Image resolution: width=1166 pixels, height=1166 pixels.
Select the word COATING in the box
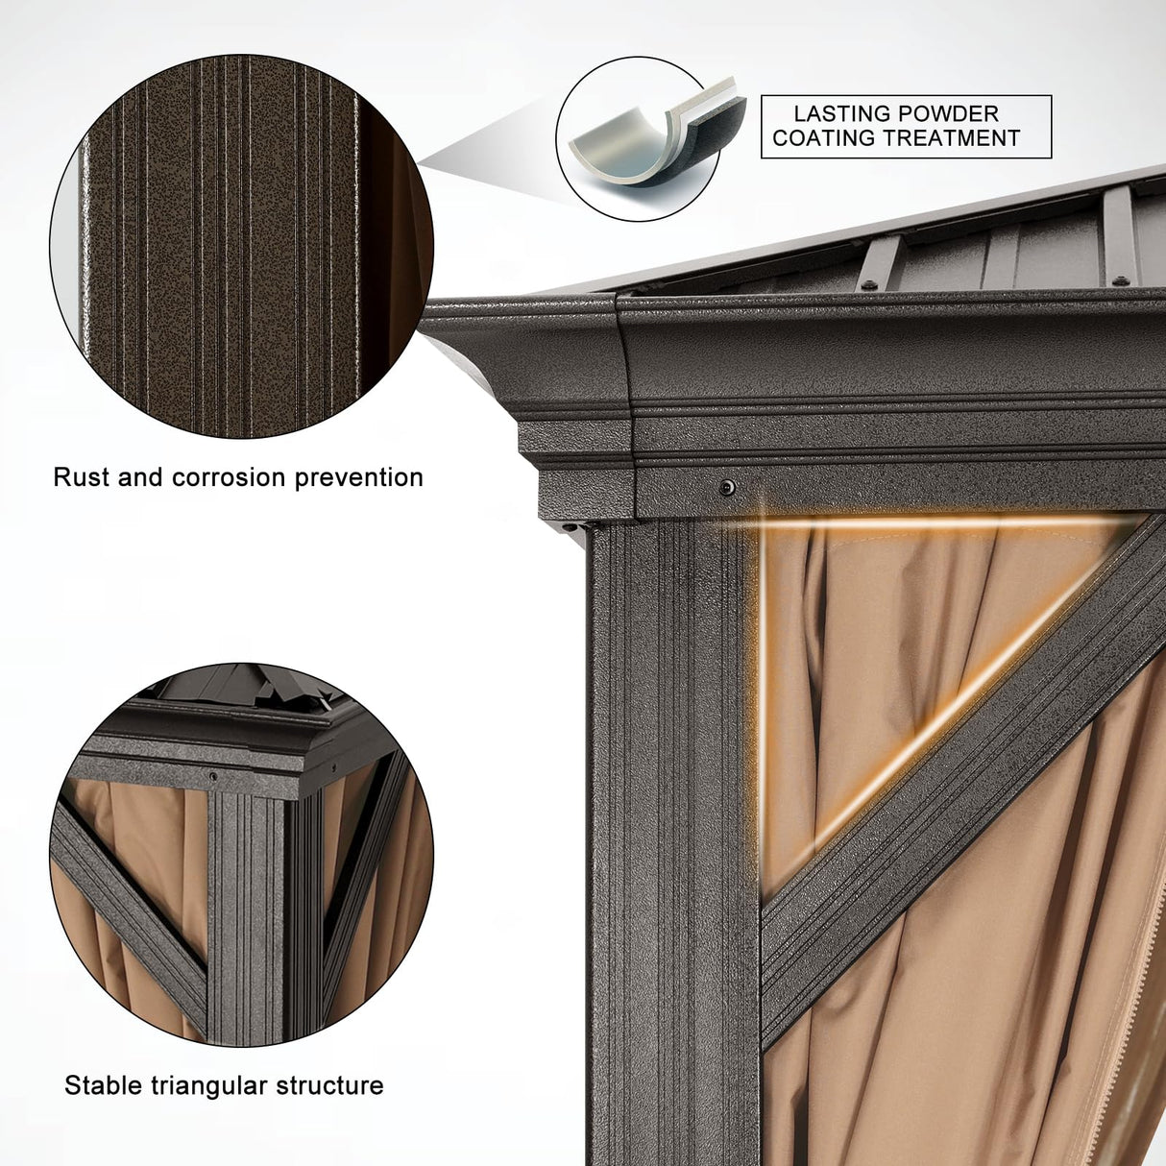tap(820, 138)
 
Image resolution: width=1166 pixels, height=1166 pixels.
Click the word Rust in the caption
tap(81, 477)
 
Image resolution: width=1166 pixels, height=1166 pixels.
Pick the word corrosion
tap(229, 477)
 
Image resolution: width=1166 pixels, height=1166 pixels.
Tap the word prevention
tap(359, 478)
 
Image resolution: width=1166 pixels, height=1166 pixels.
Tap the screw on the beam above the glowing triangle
tap(727, 487)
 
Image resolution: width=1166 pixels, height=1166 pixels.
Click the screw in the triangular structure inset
tap(212, 776)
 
